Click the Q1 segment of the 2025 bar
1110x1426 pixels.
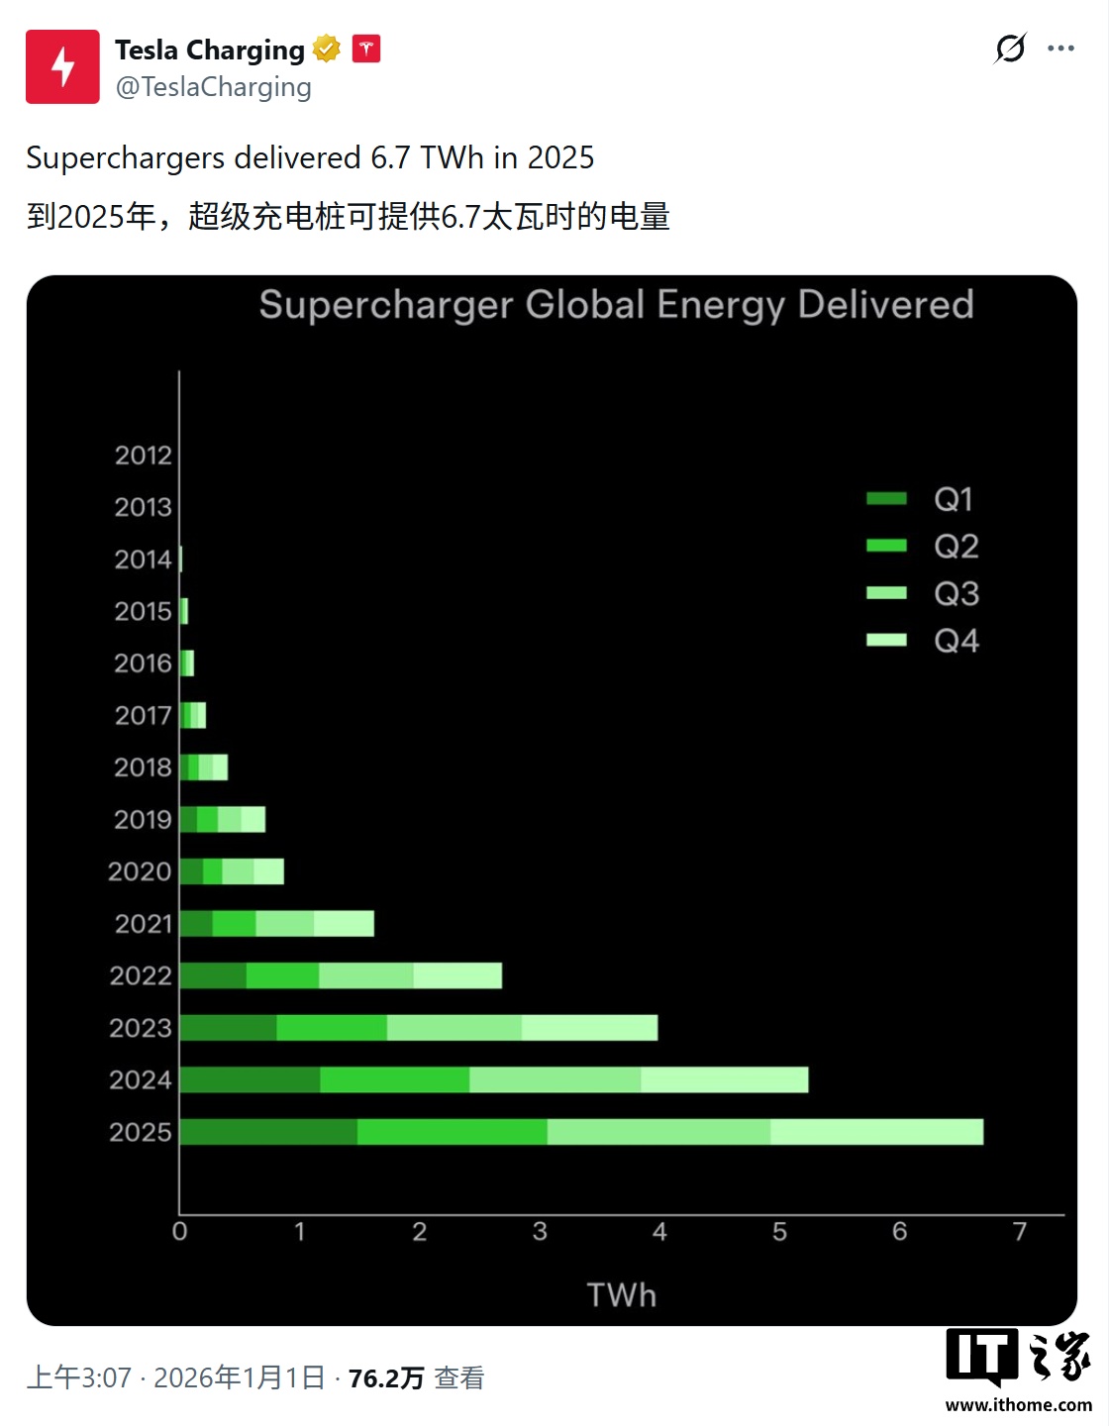pyautogui.click(x=268, y=1132)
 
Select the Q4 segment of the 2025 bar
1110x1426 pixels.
pyautogui.click(x=876, y=1132)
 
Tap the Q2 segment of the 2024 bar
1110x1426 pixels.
pyautogui.click(x=394, y=1079)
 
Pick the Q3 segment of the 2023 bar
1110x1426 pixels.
pyautogui.click(x=454, y=1028)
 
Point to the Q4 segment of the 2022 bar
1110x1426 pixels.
pyautogui.click(x=457, y=975)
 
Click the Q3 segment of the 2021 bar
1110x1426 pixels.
pyautogui.click(x=284, y=924)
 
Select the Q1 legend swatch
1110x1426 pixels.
pyautogui.click(x=886, y=499)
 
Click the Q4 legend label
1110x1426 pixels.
pyautogui.click(x=956, y=641)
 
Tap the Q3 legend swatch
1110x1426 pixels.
pyautogui.click(x=886, y=593)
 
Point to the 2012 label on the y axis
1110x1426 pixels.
pyautogui.click(x=143, y=456)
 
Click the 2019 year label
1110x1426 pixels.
pyautogui.click(x=143, y=820)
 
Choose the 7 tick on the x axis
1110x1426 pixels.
pyautogui.click(x=1020, y=1232)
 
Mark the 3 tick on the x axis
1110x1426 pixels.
pyautogui.click(x=540, y=1232)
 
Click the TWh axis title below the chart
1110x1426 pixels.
pyautogui.click(x=621, y=1295)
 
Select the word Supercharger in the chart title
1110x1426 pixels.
pyautogui.click(x=386, y=305)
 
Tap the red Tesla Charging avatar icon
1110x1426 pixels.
pyautogui.click(x=62, y=66)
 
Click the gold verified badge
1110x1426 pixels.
pyautogui.click(x=327, y=49)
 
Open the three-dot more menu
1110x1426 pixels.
pyautogui.click(x=1060, y=49)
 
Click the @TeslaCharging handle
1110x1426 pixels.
pyautogui.click(x=213, y=87)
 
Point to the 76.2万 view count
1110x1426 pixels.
pyautogui.click(x=386, y=1378)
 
